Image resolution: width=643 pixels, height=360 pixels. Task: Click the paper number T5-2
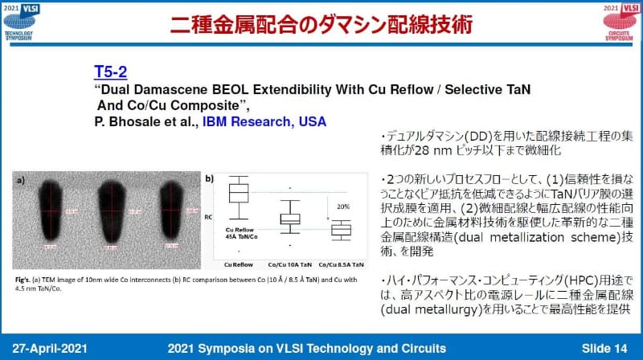click(x=113, y=71)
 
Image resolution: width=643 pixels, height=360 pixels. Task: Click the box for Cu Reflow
click(x=239, y=194)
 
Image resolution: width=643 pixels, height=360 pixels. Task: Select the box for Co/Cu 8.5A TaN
click(x=342, y=230)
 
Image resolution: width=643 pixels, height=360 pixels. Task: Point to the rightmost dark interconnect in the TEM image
click(x=174, y=211)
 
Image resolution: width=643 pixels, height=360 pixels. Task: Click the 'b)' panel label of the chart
click(x=210, y=178)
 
